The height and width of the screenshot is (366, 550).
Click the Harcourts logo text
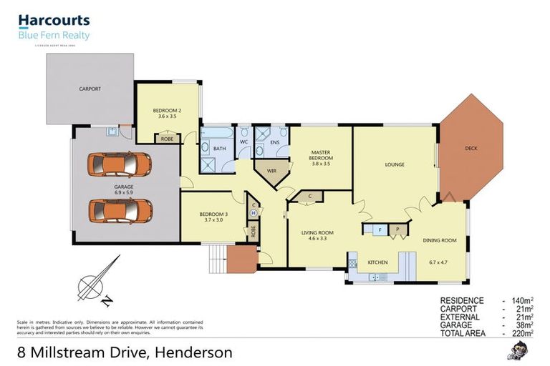tap(54, 21)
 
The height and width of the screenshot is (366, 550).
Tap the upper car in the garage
tap(120, 165)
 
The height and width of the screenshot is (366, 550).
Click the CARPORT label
tap(90, 89)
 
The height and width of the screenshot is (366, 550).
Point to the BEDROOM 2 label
tap(166, 110)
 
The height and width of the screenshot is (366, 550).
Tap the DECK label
tap(471, 149)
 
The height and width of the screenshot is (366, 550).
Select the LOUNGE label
tap(395, 164)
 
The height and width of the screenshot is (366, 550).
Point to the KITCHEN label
tap(377, 262)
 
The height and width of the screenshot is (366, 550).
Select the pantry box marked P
tap(397, 229)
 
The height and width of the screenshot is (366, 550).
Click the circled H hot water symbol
tap(254, 212)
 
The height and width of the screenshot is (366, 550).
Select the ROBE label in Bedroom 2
tap(166, 139)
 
